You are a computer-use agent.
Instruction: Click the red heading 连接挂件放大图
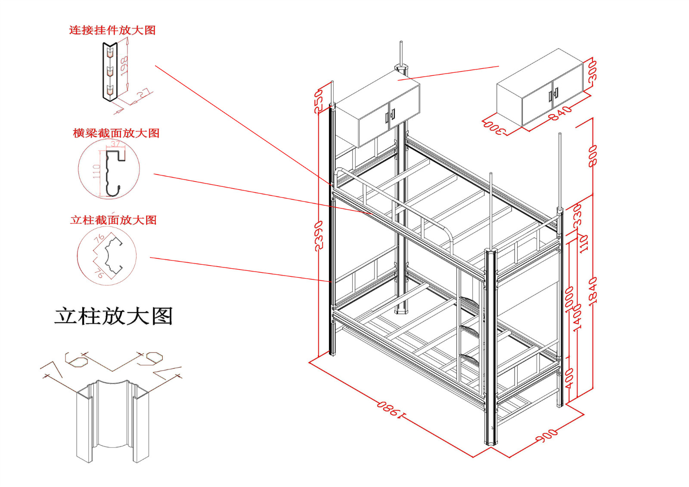click(x=112, y=30)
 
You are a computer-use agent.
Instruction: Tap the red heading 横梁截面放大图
click(x=116, y=133)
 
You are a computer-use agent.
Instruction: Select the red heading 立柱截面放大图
click(x=113, y=220)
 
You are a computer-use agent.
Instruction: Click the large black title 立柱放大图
click(x=113, y=316)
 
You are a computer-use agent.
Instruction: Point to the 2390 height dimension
click(x=319, y=236)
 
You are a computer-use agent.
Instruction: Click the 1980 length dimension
click(x=391, y=409)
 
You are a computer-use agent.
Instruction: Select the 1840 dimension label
click(x=593, y=290)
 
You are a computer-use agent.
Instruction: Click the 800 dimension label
click(x=593, y=155)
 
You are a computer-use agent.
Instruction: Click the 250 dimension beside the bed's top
click(x=318, y=101)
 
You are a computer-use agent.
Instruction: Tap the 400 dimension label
click(x=569, y=378)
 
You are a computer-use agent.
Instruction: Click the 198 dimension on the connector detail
click(x=124, y=66)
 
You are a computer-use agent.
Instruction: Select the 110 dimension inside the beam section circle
click(x=96, y=171)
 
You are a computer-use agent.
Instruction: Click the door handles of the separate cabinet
click(x=553, y=94)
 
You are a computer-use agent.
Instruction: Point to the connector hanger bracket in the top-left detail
click(x=110, y=71)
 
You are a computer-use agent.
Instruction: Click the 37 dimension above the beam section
click(x=115, y=144)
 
